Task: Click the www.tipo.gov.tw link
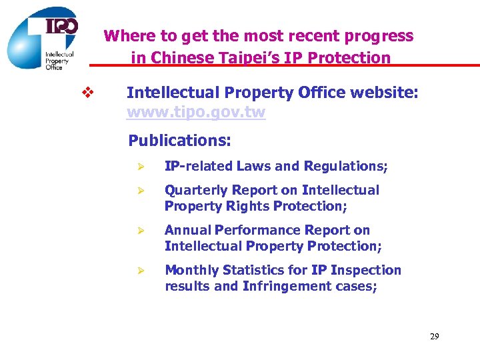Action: [195, 112]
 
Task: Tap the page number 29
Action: [434, 337]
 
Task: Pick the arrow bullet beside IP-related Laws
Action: [140, 167]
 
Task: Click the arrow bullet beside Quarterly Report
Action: [140, 191]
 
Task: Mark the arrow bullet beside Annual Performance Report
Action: [140, 231]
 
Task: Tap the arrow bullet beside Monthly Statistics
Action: [140, 271]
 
